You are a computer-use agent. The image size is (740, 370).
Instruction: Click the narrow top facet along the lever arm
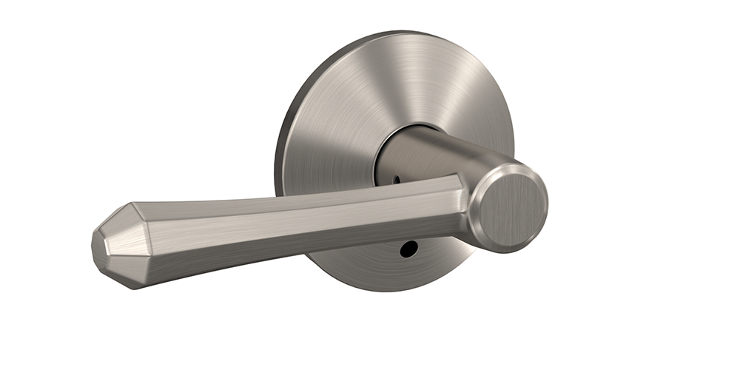point(296,192)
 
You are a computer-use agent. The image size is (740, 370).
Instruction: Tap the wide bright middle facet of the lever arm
point(296,215)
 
